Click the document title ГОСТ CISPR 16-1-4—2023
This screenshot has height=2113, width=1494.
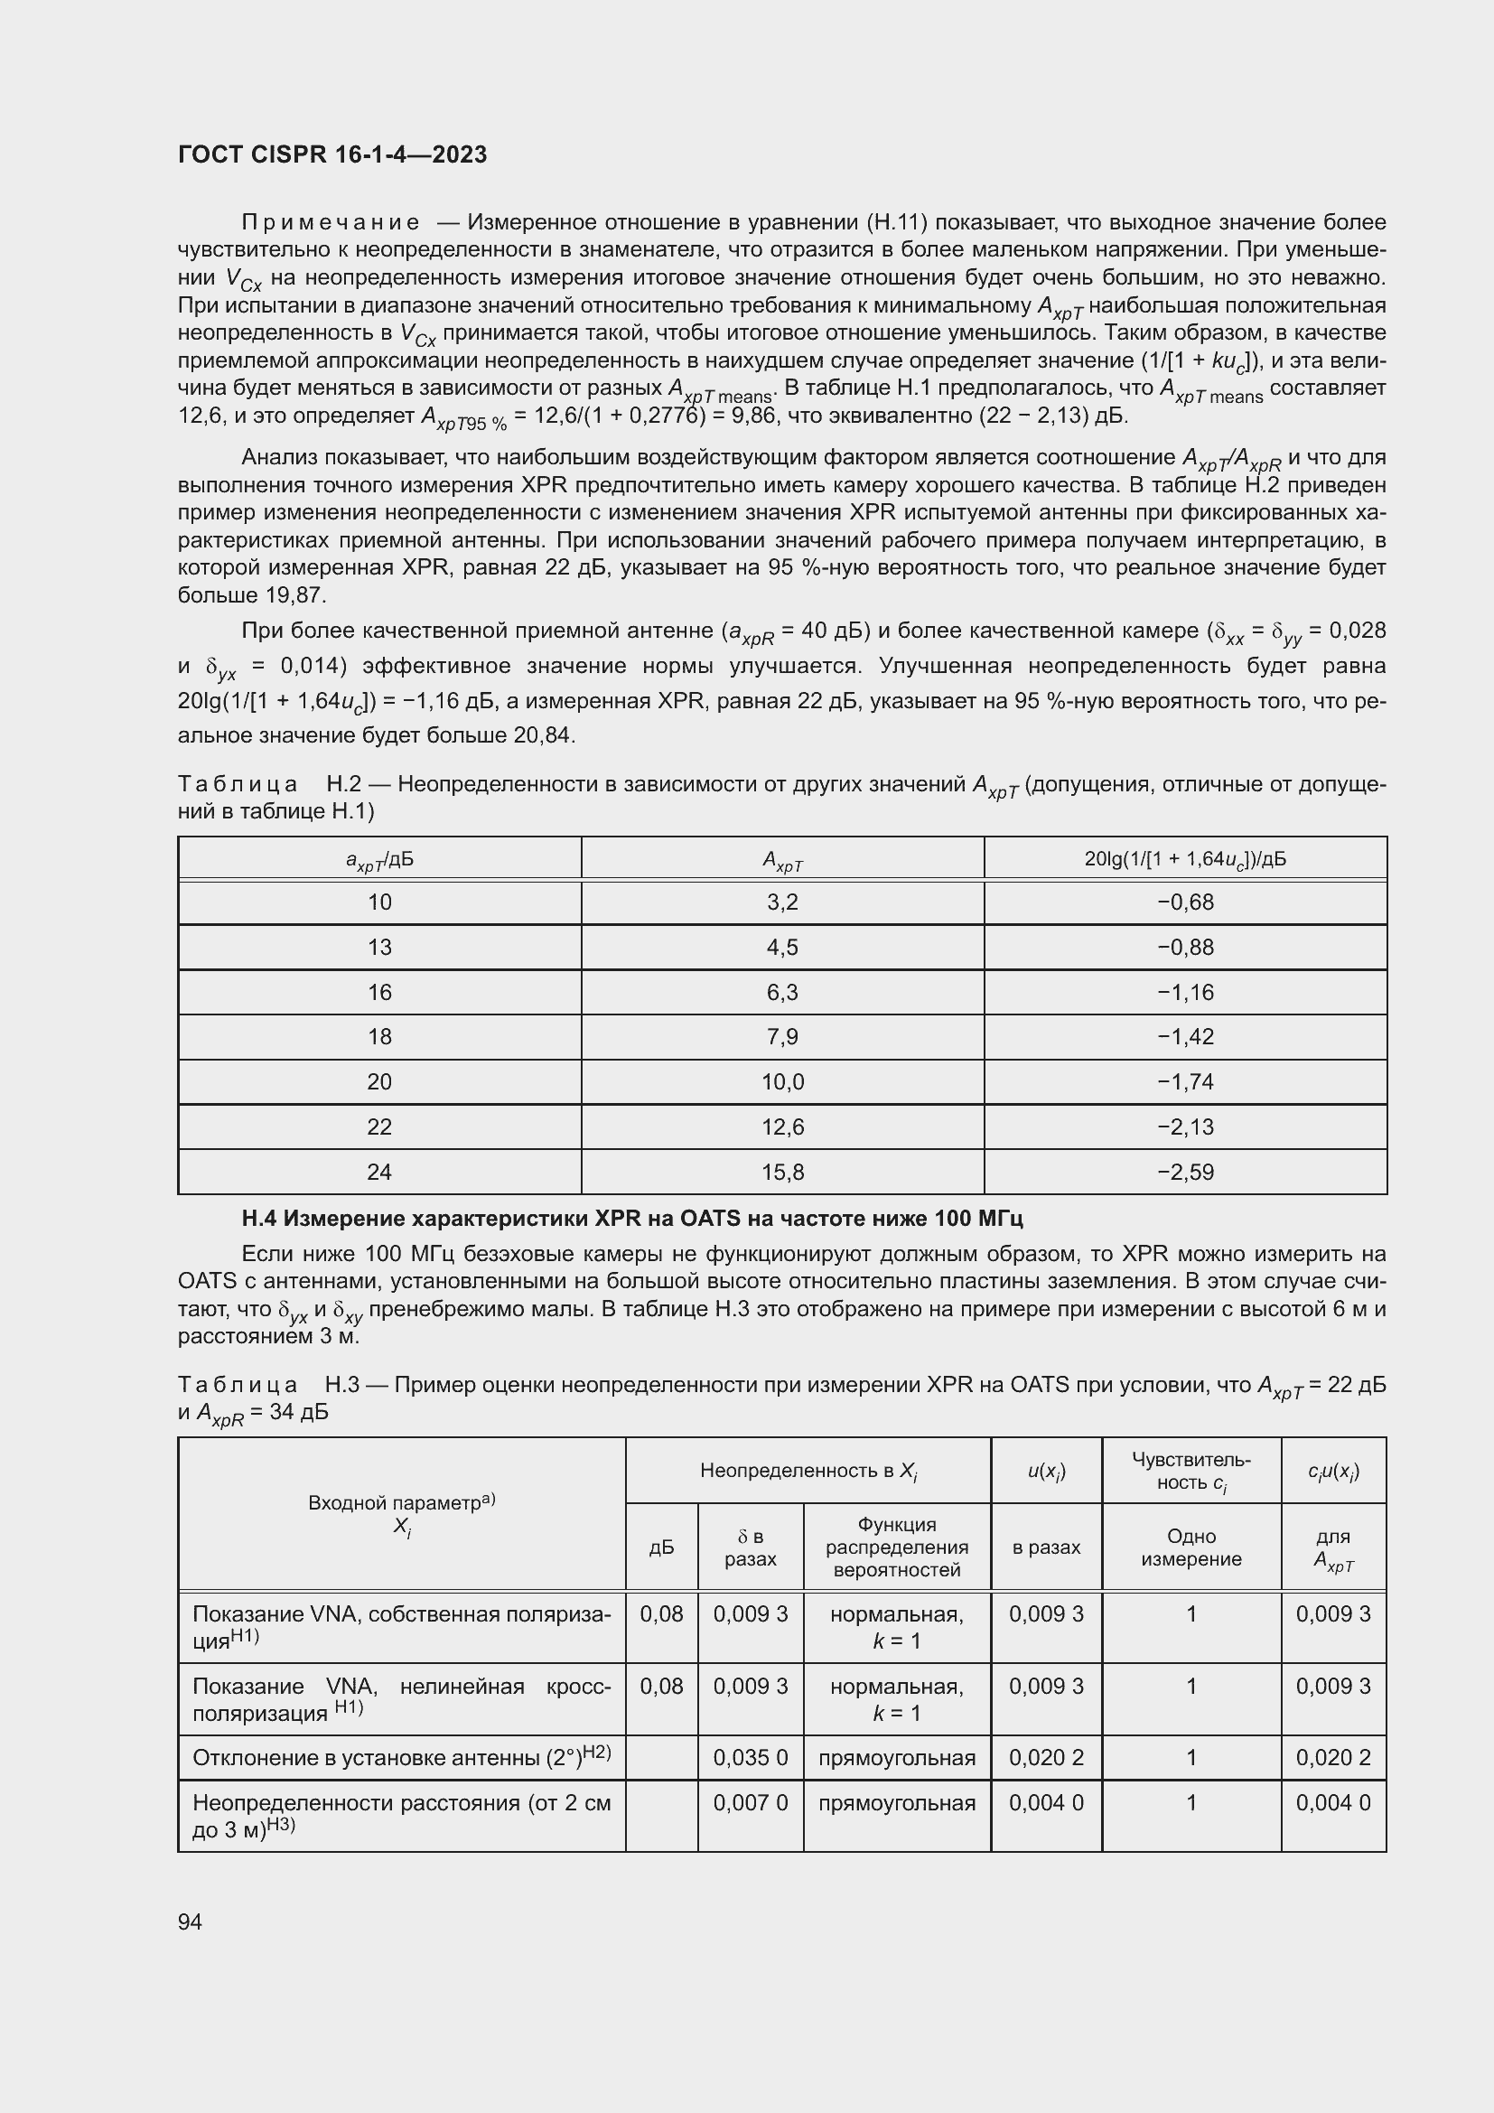point(332,154)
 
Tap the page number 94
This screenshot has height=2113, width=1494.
point(191,1921)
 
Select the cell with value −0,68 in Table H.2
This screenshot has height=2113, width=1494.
point(1185,902)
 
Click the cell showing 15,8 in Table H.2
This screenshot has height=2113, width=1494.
point(782,1172)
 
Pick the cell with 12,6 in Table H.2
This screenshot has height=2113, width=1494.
point(782,1127)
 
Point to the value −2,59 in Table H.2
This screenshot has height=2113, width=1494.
point(1185,1172)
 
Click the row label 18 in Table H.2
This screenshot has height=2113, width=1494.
point(379,1036)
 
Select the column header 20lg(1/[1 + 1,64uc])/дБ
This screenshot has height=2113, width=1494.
point(1185,859)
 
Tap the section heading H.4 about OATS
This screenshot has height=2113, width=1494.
point(632,1219)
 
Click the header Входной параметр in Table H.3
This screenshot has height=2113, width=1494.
point(401,1514)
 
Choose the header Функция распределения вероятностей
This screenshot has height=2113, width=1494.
point(896,1547)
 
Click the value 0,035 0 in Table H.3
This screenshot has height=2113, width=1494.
point(750,1758)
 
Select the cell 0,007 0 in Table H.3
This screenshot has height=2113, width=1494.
point(750,1803)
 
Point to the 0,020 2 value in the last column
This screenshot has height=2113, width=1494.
point(1332,1758)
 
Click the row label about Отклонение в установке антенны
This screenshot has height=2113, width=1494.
point(401,1758)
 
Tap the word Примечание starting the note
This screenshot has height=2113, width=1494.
point(331,223)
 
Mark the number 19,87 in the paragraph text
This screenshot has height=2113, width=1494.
point(296,595)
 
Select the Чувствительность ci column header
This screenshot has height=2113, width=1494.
point(1191,1471)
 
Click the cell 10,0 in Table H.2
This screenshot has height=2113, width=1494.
point(782,1081)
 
